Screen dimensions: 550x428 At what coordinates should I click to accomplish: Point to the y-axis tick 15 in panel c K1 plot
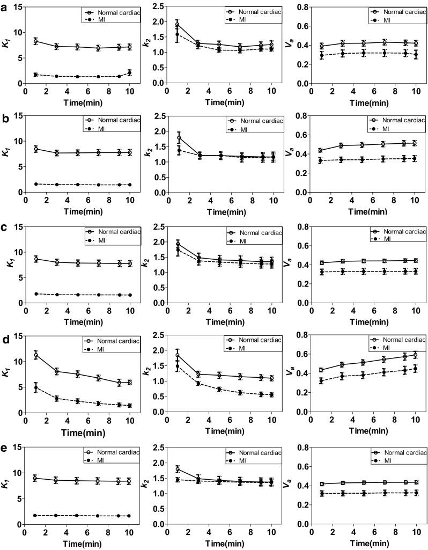tap(17, 226)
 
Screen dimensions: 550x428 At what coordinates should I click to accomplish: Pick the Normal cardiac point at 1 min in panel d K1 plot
tap(35, 355)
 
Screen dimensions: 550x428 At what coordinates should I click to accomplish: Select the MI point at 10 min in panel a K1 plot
tap(129, 72)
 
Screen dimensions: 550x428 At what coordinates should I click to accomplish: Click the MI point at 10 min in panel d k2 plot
tap(271, 394)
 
